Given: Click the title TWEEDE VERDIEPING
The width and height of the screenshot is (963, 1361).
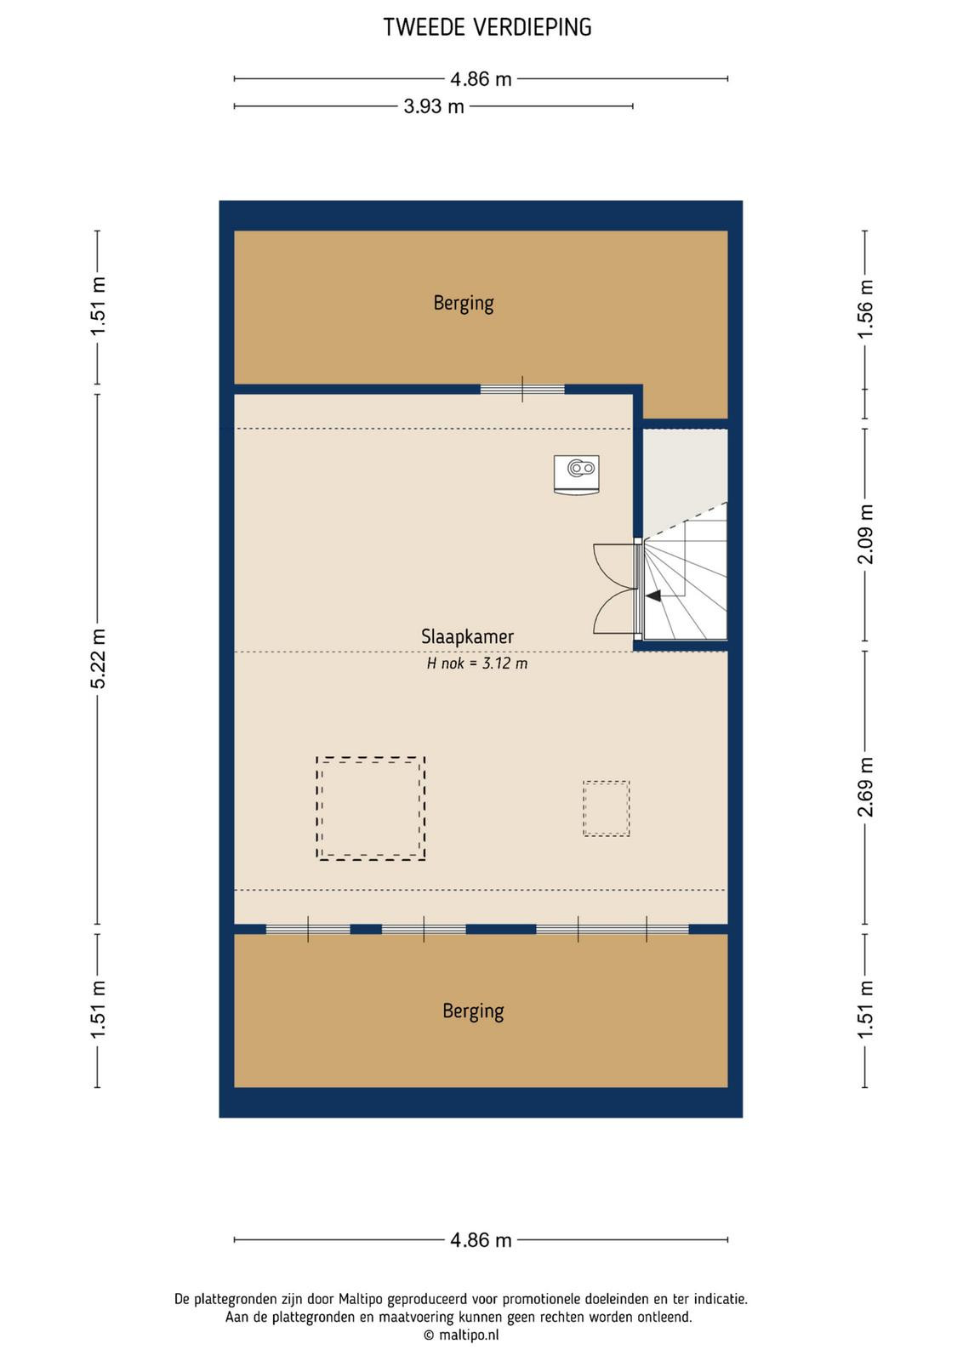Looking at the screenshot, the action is tap(487, 27).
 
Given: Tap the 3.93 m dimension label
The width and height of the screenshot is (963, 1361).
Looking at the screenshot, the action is tap(434, 106).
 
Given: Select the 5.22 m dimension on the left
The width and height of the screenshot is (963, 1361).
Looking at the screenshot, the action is tap(98, 658).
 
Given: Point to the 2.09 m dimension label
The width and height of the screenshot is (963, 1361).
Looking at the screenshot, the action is tap(865, 534).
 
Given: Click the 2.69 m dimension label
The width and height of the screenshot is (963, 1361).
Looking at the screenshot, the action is tap(865, 787).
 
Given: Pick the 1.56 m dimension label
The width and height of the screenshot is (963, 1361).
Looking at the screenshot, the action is tap(865, 310).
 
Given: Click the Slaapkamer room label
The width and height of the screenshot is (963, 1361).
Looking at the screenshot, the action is tap(467, 637).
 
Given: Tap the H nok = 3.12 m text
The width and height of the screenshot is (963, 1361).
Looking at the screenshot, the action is tap(477, 663).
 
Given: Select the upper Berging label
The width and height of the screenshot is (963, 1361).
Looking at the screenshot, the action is tap(463, 303).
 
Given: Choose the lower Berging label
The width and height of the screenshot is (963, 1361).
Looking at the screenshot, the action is tap(473, 1011).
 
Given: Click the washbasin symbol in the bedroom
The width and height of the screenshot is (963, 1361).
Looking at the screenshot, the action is tap(577, 475).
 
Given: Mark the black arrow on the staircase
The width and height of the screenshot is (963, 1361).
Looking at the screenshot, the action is tap(653, 596).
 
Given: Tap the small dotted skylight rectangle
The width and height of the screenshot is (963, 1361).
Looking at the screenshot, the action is tap(606, 782).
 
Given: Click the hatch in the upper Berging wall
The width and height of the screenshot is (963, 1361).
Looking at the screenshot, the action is tap(522, 390).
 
